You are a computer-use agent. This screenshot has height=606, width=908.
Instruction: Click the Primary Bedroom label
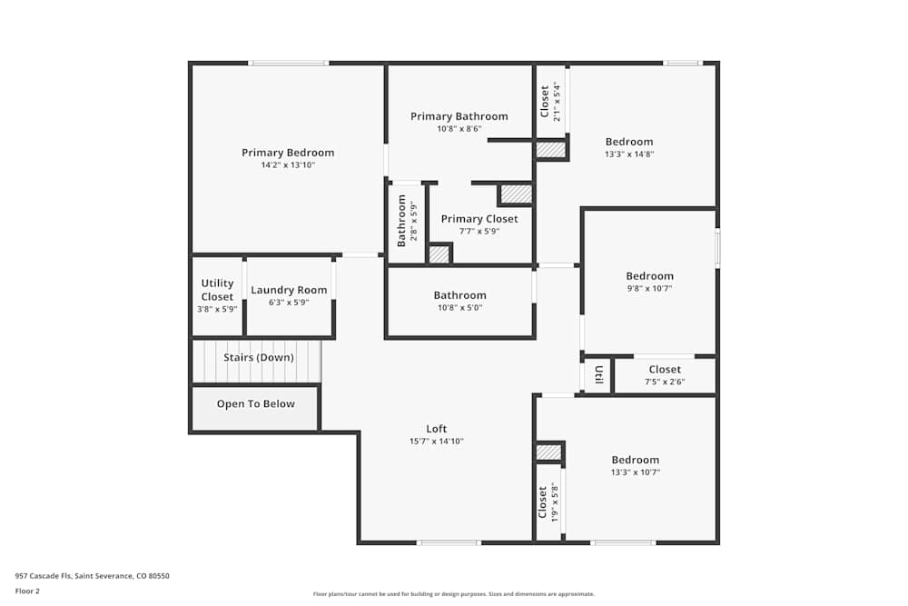tap(288, 153)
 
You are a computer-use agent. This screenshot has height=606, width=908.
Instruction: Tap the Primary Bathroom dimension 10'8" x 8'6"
tap(459, 129)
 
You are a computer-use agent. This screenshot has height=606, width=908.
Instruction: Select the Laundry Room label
tap(289, 291)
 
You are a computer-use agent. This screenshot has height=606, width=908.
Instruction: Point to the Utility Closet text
tap(217, 290)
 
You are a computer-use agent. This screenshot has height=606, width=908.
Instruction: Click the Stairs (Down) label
tap(259, 358)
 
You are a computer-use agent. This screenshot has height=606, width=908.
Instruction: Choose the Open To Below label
tap(255, 404)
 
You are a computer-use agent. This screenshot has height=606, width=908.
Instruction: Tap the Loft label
tap(437, 429)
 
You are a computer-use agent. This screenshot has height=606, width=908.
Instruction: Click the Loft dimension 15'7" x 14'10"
tap(437, 442)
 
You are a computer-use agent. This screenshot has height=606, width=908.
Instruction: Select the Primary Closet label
tap(479, 219)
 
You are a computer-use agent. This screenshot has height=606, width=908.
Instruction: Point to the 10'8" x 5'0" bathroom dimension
tap(459, 307)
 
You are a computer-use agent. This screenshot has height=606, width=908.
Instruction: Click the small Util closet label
tap(599, 374)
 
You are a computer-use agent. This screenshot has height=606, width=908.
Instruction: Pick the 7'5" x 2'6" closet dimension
tap(665, 382)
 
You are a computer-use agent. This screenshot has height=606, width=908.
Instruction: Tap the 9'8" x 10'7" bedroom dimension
tap(649, 288)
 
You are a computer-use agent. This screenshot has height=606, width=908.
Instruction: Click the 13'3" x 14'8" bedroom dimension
tap(629, 154)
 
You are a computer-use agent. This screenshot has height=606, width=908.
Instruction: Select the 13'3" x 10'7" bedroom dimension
tap(635, 472)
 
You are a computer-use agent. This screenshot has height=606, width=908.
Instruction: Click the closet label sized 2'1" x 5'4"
tap(545, 101)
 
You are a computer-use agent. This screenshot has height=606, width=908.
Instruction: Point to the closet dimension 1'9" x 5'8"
tap(554, 502)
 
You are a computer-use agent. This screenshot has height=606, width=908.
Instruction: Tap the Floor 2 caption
tap(27, 591)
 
